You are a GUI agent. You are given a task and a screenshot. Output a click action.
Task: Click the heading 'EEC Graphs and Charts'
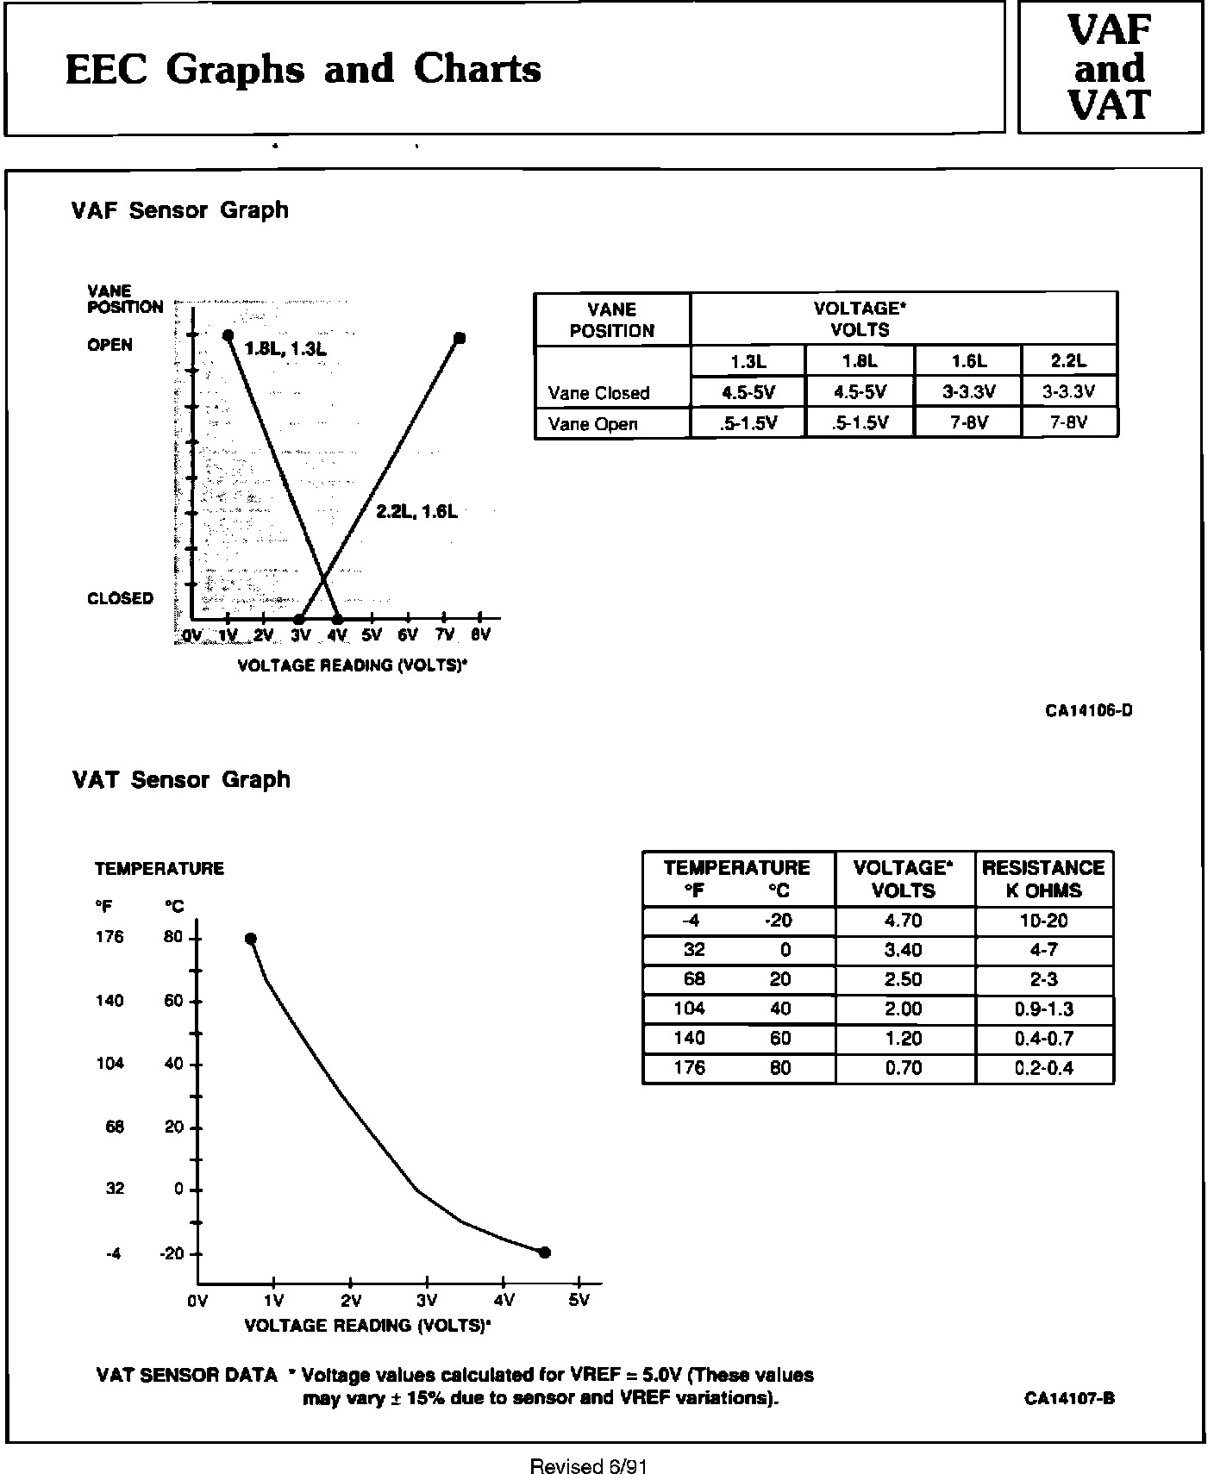tap(303, 70)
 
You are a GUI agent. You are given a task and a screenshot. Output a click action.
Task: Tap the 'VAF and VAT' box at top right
tap(1110, 68)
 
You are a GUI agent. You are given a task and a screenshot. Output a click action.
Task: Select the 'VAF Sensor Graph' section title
tap(179, 210)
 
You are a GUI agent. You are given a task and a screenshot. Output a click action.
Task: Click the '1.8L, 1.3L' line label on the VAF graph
tap(285, 348)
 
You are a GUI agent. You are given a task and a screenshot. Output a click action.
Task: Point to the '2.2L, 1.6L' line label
tap(416, 511)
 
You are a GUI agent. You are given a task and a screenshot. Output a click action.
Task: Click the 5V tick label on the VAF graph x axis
tap(372, 635)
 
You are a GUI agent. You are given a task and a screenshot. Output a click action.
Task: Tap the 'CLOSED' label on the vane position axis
tap(120, 598)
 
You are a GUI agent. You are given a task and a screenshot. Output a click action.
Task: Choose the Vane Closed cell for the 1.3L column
tap(748, 392)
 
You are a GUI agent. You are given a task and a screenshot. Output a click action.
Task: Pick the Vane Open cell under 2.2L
tap(1068, 422)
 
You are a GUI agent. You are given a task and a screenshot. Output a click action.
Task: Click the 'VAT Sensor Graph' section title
tap(181, 780)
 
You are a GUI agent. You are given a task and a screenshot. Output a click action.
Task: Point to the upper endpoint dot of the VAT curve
tap(250, 939)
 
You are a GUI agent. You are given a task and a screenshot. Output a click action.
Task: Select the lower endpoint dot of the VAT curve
tap(544, 1252)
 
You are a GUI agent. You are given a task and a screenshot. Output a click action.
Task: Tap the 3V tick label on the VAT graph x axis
tap(427, 1300)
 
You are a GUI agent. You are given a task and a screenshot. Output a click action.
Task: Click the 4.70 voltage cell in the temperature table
tap(903, 921)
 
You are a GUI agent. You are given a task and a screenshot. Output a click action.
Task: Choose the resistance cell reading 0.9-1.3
tap(1043, 1009)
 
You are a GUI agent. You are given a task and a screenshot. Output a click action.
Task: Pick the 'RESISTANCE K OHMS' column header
tap(1043, 879)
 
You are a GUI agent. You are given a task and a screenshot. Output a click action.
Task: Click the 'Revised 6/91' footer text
tap(588, 1465)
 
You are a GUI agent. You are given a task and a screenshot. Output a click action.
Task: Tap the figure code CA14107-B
tap(1069, 1398)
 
